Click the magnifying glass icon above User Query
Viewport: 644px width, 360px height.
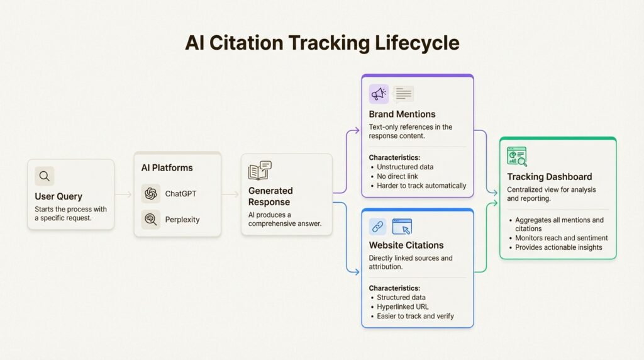[45, 176]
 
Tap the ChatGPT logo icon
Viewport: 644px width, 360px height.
[151, 194]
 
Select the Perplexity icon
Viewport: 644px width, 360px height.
[151, 220]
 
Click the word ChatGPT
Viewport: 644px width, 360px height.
[180, 194]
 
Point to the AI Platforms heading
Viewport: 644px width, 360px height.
[167, 167]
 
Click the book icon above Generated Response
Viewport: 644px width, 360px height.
[260, 171]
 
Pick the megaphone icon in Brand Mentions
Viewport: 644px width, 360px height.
[379, 94]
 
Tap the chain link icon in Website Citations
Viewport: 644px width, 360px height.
[377, 227]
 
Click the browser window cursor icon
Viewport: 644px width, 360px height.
[402, 227]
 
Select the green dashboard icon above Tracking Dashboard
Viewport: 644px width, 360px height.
[517, 156]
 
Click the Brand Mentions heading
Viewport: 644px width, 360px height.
[402, 115]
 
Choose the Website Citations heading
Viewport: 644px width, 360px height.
[406, 245]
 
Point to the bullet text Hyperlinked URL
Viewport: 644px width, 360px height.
[402, 307]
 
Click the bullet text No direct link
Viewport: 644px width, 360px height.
[397, 176]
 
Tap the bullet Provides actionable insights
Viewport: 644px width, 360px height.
[558, 247]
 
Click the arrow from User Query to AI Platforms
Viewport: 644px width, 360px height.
[124, 194]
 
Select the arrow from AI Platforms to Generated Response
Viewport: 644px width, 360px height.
[230, 194]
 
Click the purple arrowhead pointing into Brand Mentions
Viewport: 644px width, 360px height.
[357, 131]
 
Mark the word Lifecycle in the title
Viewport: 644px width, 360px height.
[417, 43]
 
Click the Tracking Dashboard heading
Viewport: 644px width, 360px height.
[550, 177]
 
